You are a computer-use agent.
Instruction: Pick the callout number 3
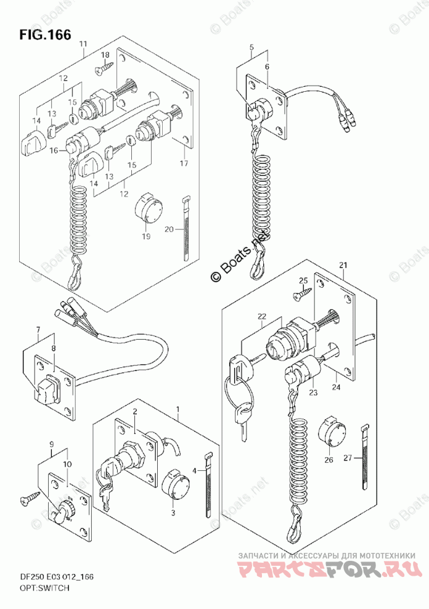173,511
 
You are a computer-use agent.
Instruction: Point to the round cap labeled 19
147,210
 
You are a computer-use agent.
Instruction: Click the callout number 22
261,317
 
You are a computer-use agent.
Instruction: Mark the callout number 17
183,163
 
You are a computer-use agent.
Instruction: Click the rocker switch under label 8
47,390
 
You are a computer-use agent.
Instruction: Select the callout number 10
67,464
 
